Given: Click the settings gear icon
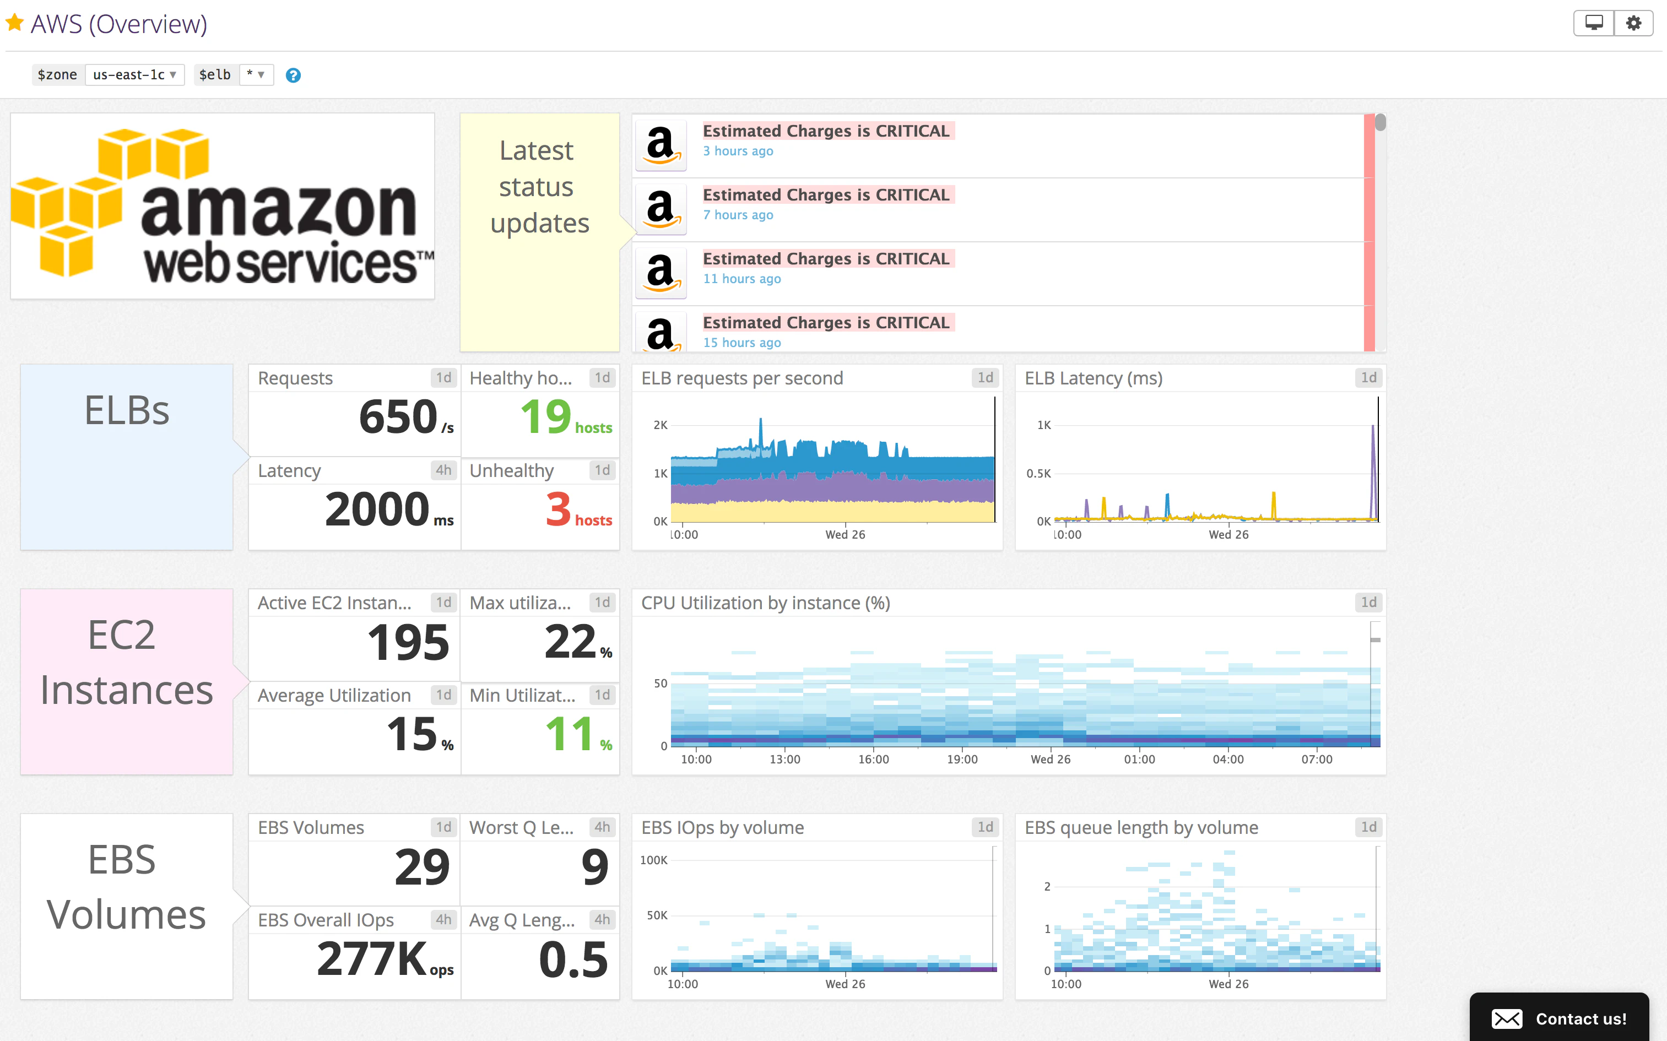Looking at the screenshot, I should point(1633,23).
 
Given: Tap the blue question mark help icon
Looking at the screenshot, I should point(293,75).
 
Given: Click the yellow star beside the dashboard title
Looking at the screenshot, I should point(14,23).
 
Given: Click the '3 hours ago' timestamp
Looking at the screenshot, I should point(738,151).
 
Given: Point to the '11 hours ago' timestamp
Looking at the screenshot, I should point(742,279).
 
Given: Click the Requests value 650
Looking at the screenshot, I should point(398,418).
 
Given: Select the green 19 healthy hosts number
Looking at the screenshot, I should point(545,418).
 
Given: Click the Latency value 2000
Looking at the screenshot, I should point(377,509).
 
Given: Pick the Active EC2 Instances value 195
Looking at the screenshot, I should point(408,642).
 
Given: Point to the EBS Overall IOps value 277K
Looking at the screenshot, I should point(372,959).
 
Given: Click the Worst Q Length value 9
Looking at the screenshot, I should point(594,867).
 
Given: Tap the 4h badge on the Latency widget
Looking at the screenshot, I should point(443,470).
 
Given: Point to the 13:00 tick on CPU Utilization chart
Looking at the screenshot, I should point(784,760).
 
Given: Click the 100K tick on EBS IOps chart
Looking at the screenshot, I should point(653,860).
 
